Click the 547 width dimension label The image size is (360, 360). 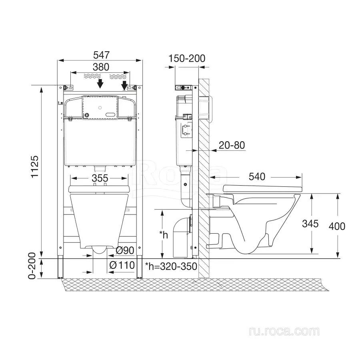101,55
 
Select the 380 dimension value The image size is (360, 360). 101,67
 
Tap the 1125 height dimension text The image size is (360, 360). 35,166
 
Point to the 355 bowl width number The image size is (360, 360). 100,178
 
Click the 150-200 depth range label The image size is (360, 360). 187,58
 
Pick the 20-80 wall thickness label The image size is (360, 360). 232,145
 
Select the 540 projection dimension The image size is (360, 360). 257,176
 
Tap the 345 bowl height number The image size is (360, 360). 310,224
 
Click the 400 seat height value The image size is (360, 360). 337,226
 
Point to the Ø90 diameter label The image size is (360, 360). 125,250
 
